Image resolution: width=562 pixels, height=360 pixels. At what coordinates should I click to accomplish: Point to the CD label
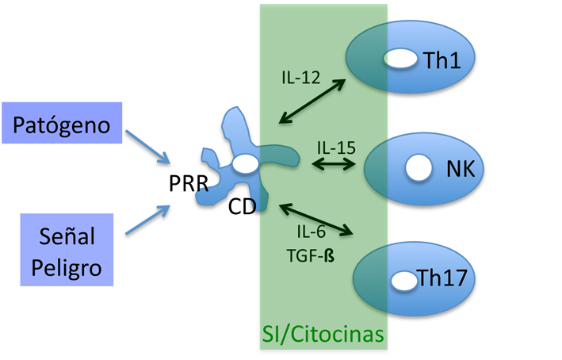tap(243, 209)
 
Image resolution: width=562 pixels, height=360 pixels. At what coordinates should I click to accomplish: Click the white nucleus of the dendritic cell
tap(245, 163)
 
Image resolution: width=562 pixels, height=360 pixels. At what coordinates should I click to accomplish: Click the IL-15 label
tap(335, 148)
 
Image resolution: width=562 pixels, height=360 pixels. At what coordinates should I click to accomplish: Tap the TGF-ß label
tap(312, 257)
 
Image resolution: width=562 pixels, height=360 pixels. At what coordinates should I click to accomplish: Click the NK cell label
tap(459, 168)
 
